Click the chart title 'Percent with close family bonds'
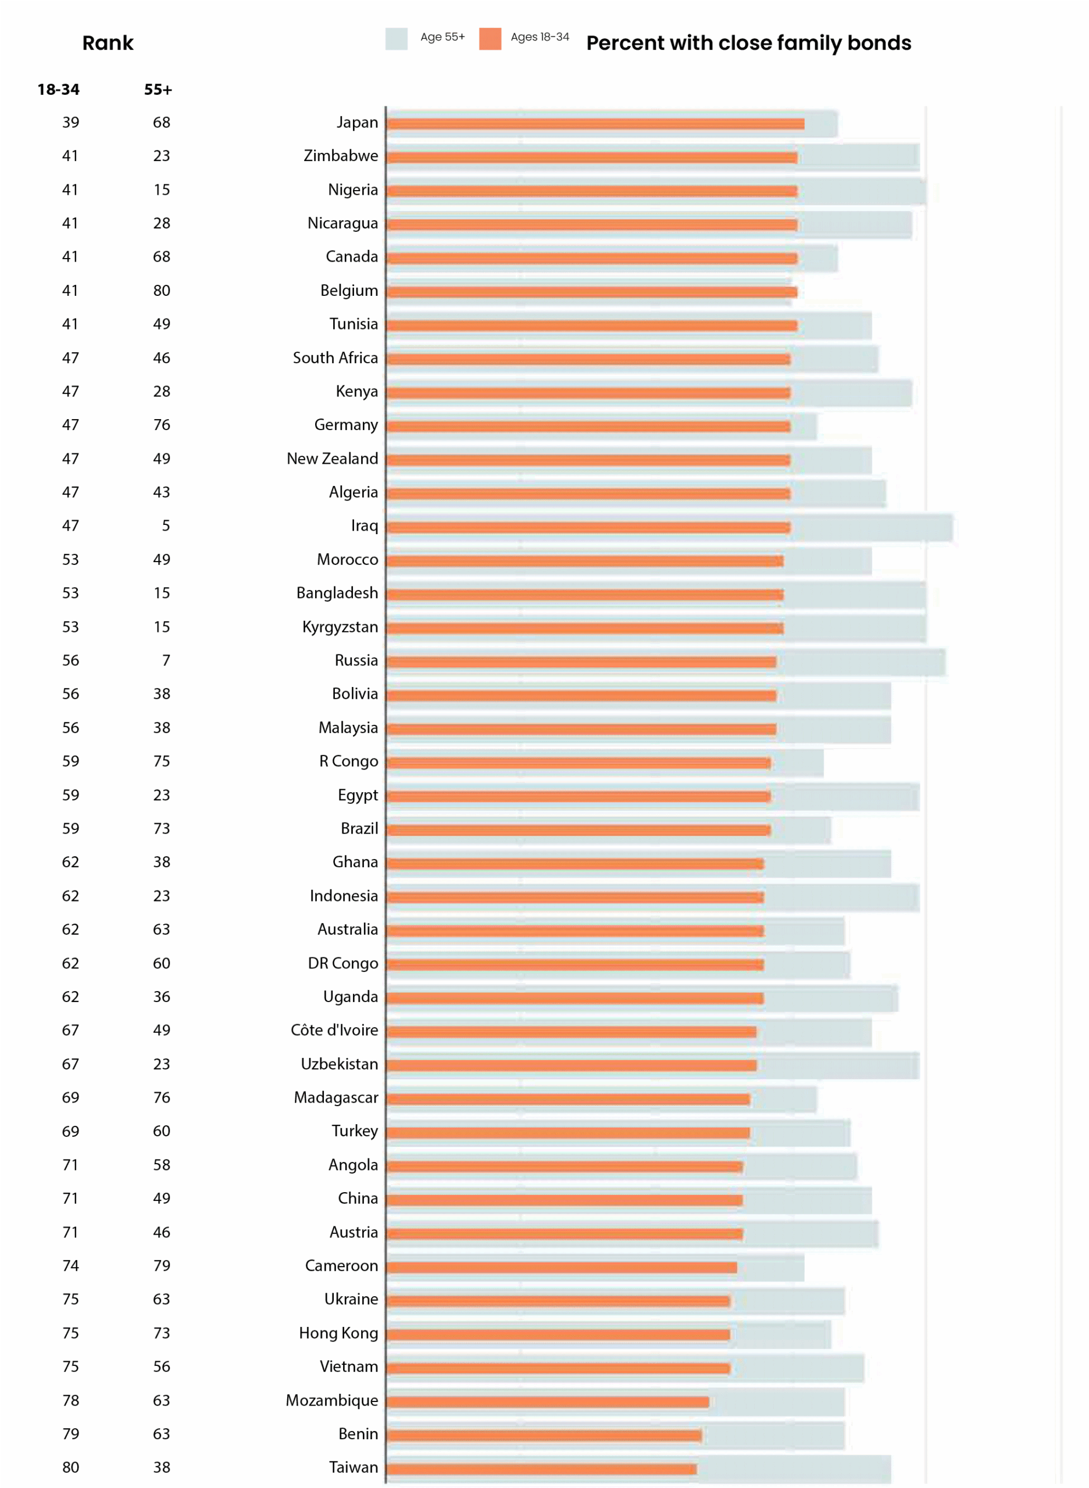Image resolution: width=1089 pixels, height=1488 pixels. click(x=748, y=43)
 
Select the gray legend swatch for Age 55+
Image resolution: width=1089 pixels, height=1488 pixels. click(x=396, y=39)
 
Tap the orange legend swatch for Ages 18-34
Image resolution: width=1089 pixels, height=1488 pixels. click(x=490, y=39)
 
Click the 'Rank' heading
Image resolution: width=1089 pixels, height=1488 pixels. click(x=108, y=43)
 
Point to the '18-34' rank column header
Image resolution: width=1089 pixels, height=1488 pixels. click(x=58, y=90)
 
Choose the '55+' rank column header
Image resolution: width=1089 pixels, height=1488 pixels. click(x=158, y=90)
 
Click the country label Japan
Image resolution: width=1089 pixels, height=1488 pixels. click(x=358, y=123)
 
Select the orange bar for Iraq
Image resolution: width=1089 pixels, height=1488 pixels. click(x=588, y=527)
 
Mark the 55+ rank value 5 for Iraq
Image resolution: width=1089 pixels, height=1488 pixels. click(x=166, y=526)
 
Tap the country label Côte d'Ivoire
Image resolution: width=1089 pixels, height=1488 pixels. click(x=334, y=1030)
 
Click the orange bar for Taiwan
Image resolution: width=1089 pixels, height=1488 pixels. click(x=541, y=1469)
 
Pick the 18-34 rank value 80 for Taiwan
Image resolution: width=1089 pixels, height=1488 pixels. click(x=70, y=1468)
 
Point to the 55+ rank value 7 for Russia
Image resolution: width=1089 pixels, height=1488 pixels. click(x=166, y=660)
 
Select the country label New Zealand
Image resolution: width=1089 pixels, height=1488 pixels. click(x=332, y=459)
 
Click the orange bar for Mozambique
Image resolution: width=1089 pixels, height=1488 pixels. click(x=548, y=1401)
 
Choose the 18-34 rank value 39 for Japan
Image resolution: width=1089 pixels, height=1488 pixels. click(x=70, y=123)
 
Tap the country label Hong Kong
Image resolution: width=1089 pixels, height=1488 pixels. click(x=338, y=1333)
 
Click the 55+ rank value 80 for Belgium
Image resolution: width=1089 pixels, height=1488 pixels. click(x=162, y=291)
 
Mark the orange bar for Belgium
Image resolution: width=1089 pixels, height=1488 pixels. click(x=591, y=292)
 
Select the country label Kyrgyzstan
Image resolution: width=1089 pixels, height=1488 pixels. click(x=340, y=627)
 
